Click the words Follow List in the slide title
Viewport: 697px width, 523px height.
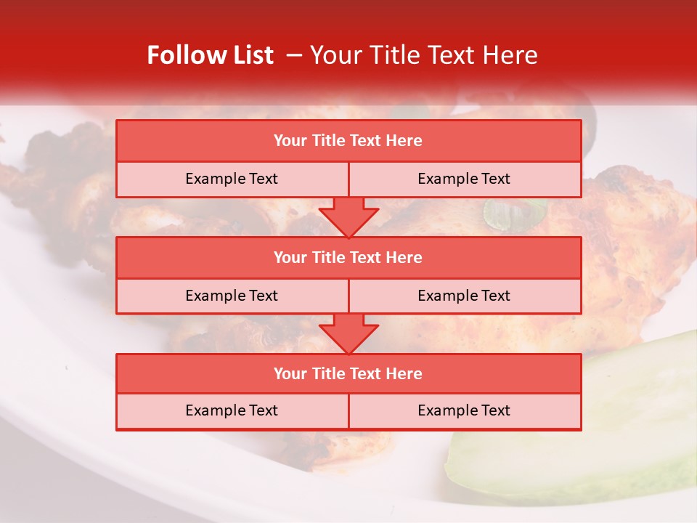[x=210, y=55]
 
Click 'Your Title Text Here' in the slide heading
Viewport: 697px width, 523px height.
[x=424, y=55]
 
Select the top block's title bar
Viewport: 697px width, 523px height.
[x=348, y=141]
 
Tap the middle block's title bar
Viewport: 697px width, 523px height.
[x=348, y=258]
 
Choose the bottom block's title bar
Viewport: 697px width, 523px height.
[x=348, y=374]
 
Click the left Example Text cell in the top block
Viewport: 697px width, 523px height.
[x=232, y=179]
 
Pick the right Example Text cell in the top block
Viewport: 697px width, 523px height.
[x=464, y=179]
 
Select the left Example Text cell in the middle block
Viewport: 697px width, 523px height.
[x=232, y=296]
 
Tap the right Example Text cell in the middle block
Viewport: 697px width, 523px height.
[x=464, y=296]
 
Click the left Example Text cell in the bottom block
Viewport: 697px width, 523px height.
[x=232, y=411]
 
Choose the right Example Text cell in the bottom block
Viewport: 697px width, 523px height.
[x=464, y=411]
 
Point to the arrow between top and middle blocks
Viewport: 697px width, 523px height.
[x=348, y=217]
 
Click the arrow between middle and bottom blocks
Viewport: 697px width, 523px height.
[x=348, y=333]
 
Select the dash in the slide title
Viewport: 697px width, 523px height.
[x=294, y=55]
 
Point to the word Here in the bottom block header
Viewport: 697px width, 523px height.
[x=404, y=374]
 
